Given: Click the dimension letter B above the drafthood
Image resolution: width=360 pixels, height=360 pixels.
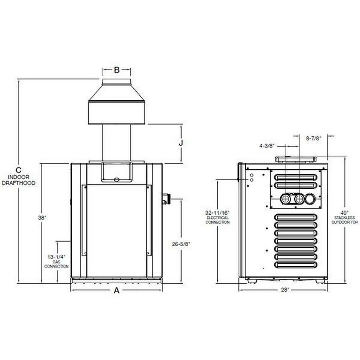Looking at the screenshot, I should (x=117, y=70).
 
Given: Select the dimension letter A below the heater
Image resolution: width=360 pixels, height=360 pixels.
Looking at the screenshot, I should (x=117, y=290).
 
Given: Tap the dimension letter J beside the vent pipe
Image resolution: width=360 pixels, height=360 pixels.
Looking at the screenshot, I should (x=181, y=143).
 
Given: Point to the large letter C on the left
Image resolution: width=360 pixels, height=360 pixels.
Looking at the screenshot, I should (x=19, y=170).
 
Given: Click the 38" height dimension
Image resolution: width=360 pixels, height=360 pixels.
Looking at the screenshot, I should (x=42, y=217).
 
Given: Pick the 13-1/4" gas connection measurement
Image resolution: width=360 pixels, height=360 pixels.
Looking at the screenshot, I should (x=56, y=257).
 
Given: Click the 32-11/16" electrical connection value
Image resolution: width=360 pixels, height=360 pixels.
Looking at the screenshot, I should (x=217, y=212).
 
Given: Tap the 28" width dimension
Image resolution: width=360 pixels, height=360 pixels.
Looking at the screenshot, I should (x=284, y=290).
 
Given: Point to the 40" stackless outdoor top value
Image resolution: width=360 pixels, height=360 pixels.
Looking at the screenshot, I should (x=345, y=212).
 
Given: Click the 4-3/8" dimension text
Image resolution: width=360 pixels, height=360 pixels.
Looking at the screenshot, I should (x=267, y=146).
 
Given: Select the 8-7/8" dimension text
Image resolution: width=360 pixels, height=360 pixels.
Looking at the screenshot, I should (x=313, y=139).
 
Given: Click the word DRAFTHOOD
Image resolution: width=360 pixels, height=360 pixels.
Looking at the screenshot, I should (x=19, y=183).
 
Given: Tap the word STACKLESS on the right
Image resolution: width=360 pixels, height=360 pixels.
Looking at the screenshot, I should (x=345, y=217).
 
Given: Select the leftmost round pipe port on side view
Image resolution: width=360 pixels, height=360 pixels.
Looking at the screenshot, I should (x=286, y=199).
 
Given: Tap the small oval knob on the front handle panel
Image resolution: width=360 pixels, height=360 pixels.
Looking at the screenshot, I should (x=116, y=179).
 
